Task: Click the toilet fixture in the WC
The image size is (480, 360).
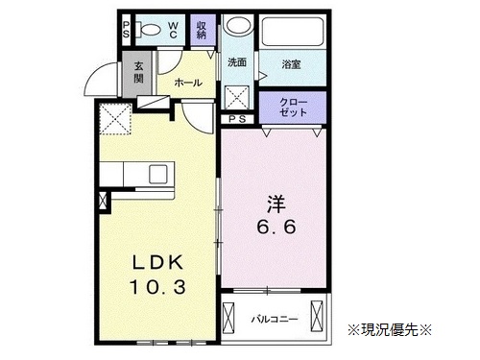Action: click(148, 30)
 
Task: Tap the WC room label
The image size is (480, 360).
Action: click(173, 30)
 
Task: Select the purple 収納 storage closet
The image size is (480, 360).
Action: click(203, 30)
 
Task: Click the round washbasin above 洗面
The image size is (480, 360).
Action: click(238, 25)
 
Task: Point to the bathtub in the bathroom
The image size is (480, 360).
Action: click(293, 32)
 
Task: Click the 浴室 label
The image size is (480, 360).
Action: click(291, 64)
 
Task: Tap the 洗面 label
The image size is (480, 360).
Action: click(237, 62)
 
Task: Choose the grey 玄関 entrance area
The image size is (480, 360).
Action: click(138, 74)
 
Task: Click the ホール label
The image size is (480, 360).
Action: click(188, 84)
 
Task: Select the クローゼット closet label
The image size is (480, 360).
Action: click(293, 108)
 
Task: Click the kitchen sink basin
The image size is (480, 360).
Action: click(158, 175)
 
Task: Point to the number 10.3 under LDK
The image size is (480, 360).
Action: click(157, 287)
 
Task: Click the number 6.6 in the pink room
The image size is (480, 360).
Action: click(276, 228)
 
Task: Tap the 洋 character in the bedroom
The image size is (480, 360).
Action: click(276, 204)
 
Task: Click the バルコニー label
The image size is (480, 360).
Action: click(275, 320)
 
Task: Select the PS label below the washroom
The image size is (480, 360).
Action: click(237, 119)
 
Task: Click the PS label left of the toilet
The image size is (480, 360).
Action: click(127, 30)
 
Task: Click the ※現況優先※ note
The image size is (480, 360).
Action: click(390, 329)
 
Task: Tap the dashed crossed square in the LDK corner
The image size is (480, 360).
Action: click(115, 119)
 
